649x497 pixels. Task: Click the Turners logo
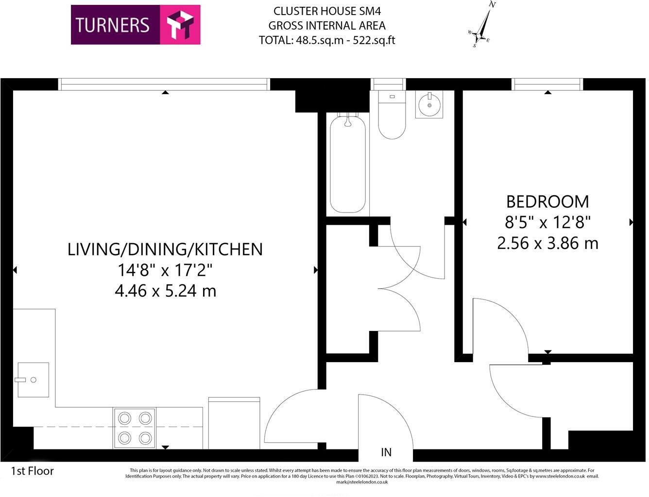tap(136, 25)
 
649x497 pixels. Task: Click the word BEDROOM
tap(547, 201)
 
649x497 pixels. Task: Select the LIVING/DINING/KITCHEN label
tap(165, 249)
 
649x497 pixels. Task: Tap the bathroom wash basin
tap(429, 105)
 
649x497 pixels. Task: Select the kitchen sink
tap(33, 380)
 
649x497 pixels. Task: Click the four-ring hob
tap(135, 428)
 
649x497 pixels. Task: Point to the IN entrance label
tap(386, 452)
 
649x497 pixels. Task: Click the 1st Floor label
tap(33, 471)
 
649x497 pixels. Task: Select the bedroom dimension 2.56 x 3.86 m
tap(547, 243)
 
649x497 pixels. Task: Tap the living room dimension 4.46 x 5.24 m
tap(165, 291)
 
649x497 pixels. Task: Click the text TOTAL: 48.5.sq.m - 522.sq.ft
tap(327, 40)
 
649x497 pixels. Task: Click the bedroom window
tap(547, 84)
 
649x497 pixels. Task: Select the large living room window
tap(165, 84)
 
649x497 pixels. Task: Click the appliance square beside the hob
tap(234, 423)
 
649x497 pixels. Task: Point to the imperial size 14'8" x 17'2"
tap(165, 270)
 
